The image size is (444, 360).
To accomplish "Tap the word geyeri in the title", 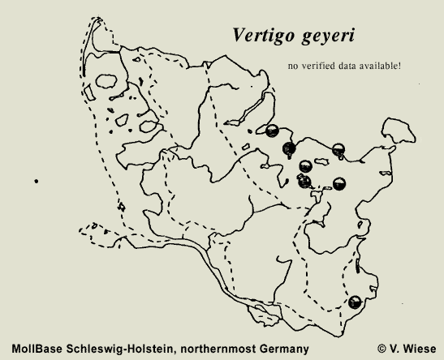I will click(x=325, y=37).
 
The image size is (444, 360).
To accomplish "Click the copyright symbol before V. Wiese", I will click(x=382, y=349).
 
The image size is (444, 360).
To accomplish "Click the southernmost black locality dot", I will click(x=355, y=302).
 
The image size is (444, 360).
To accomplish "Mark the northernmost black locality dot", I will click(x=273, y=129).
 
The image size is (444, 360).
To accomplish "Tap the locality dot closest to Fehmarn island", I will click(x=339, y=148).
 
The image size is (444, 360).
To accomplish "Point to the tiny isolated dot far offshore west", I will click(x=37, y=181).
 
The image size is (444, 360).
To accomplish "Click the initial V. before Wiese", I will click(x=397, y=349).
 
